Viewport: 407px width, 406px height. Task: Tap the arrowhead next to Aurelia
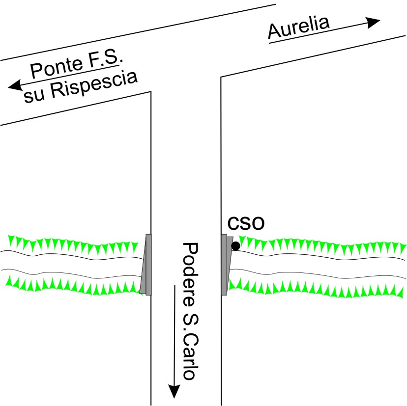click(373, 22)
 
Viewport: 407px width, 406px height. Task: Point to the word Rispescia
click(94, 85)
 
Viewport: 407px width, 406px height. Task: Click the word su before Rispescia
click(34, 96)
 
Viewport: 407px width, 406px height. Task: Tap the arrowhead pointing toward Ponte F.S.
click(15, 85)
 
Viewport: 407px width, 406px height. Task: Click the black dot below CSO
click(235, 246)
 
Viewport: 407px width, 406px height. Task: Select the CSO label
click(246, 223)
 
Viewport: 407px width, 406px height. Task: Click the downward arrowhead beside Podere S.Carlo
click(174, 391)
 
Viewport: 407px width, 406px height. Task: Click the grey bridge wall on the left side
click(146, 265)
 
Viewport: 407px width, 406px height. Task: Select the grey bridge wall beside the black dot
click(227, 265)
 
